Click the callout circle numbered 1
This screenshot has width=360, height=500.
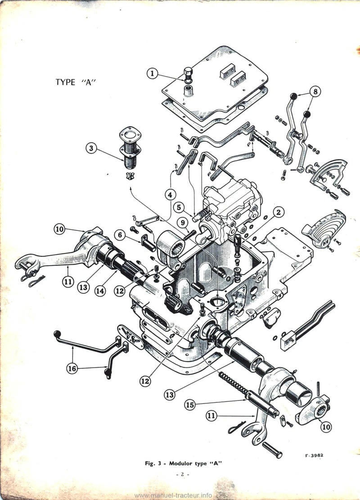[153, 73]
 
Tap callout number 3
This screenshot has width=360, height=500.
[92, 148]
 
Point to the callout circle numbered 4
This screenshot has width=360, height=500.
[170, 195]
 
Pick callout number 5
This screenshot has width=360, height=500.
[180, 207]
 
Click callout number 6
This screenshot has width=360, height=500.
[119, 234]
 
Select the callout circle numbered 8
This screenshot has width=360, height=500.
[315, 92]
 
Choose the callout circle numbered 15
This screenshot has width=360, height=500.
[190, 405]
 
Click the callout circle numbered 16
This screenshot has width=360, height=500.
[72, 369]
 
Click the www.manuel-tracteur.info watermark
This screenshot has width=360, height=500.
[173, 495]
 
